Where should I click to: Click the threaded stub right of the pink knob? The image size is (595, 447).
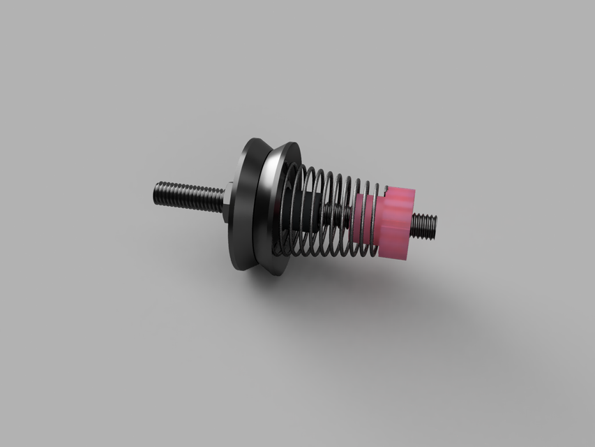point(423,226)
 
